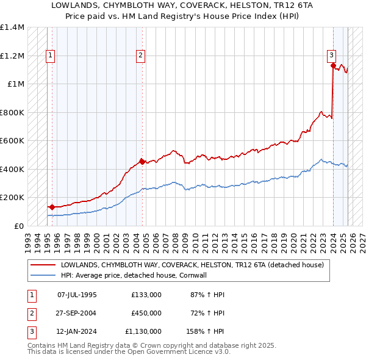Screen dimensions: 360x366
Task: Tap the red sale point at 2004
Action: (142, 162)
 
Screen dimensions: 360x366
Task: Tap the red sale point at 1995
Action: (52, 207)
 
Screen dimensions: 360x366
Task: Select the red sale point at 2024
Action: (333, 66)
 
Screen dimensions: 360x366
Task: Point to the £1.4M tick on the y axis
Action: (12, 27)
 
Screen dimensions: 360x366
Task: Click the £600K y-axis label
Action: (12, 140)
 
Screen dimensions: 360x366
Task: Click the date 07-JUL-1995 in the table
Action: (77, 294)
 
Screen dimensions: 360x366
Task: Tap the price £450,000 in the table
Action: (146, 313)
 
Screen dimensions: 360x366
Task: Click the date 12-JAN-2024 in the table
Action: (77, 331)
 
